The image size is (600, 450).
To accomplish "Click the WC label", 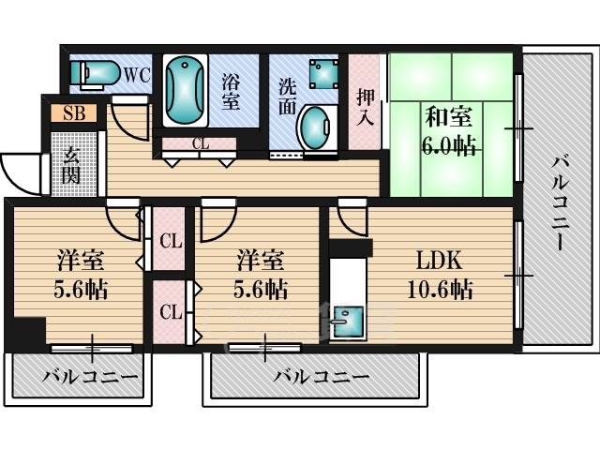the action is coord(137,75).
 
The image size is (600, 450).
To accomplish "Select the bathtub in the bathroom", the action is coord(185,90).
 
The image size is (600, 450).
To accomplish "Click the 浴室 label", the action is coord(231,92).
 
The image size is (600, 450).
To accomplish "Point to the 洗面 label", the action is coord(287,96).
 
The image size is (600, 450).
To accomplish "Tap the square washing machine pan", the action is coord(324,74).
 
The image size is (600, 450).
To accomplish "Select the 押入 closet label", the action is coord(365,108).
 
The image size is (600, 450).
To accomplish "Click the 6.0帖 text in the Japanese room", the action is coord(449,146).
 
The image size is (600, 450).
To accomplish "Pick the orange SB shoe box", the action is coord(74,113).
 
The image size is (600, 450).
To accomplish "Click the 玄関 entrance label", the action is coord(71,165).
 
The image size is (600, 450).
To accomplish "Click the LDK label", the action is coord(440,261).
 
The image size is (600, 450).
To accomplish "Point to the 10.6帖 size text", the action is coord(440,290).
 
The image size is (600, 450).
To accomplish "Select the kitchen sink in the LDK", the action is coord(348,322).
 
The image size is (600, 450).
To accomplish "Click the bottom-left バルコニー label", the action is coord(90,377).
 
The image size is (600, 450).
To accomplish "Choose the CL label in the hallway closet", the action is coord(201,144).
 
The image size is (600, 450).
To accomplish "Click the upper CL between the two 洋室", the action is coord(171,242).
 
